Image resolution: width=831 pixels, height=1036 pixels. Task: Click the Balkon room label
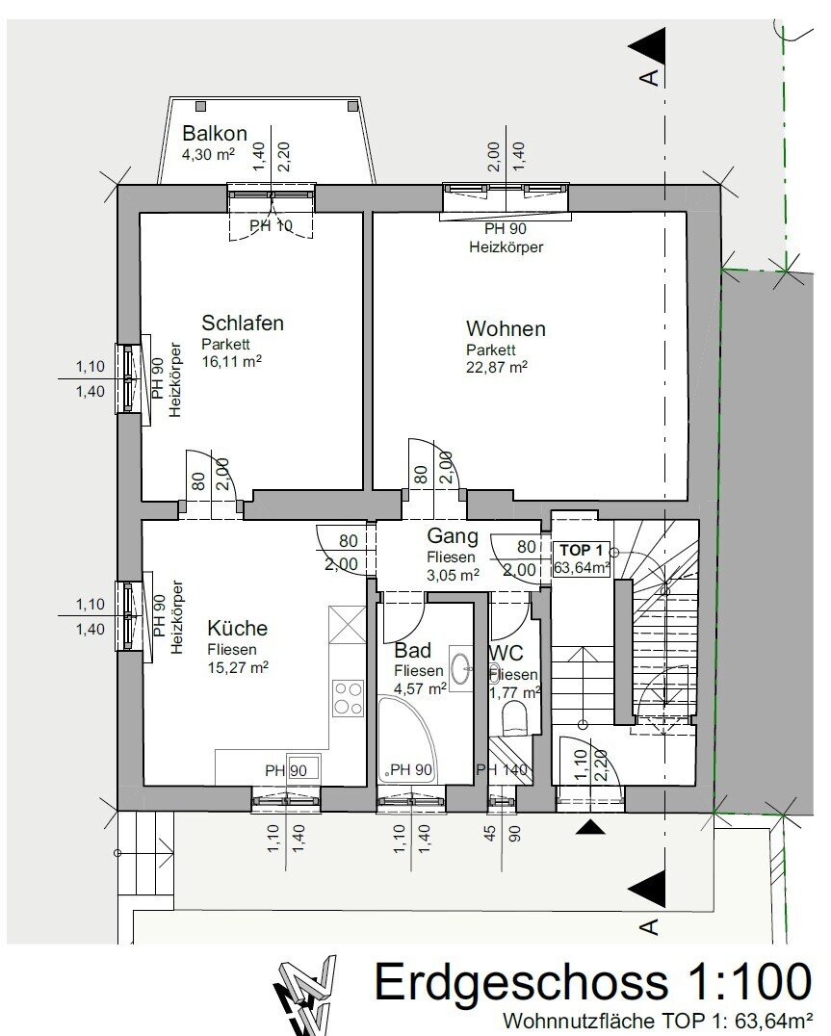[x=215, y=133]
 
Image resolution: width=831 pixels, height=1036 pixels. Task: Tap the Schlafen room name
[x=243, y=323]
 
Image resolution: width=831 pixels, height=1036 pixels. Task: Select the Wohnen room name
[x=506, y=328]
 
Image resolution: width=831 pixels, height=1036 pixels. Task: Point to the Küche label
[x=238, y=629]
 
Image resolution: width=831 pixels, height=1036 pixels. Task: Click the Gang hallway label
[x=453, y=536]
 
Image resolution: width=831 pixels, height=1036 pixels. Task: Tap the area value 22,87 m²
[x=497, y=368]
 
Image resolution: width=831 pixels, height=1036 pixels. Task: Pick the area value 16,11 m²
[x=232, y=361]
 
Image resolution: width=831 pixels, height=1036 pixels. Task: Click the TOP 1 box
[x=582, y=558]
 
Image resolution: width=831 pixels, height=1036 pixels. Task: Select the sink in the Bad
[x=461, y=668]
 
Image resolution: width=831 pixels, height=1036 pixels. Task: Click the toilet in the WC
[x=514, y=718]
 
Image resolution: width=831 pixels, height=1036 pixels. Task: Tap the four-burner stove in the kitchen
[x=349, y=698]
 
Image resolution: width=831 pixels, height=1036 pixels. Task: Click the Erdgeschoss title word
[x=522, y=982]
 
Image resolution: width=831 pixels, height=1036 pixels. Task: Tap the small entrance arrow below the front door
[x=590, y=826]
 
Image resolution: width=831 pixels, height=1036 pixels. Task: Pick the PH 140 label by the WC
[x=502, y=770]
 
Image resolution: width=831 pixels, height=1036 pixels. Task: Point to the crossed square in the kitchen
[x=348, y=625]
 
